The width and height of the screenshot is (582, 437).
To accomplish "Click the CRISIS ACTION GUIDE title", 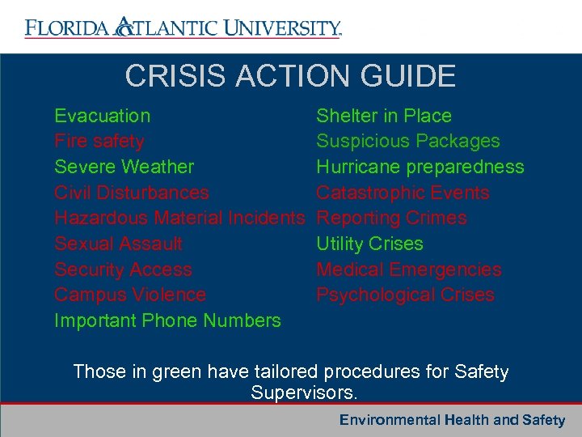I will (x=290, y=76).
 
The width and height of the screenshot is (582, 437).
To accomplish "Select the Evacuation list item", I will (x=102, y=116).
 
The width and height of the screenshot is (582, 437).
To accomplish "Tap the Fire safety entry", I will (x=99, y=142).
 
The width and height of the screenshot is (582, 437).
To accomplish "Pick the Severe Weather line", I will (x=124, y=168).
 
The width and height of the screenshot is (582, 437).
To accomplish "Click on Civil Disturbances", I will (x=131, y=193).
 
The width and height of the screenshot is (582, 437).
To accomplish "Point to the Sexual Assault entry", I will (x=118, y=244).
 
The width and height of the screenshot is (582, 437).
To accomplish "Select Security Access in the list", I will (x=123, y=269).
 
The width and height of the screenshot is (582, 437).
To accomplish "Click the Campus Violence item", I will (x=129, y=295).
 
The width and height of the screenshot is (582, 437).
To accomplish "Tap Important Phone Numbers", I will (x=167, y=321).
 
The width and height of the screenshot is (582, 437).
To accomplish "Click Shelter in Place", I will (x=383, y=116).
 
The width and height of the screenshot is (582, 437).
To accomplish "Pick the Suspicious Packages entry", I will (x=407, y=142).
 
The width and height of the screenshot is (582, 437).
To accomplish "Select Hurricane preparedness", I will (x=420, y=168).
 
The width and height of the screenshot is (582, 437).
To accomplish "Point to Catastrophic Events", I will (x=403, y=193).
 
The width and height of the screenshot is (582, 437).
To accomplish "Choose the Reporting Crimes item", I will (x=391, y=218).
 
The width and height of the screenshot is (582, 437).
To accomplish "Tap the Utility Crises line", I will (x=369, y=244).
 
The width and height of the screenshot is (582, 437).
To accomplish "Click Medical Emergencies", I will (x=408, y=269).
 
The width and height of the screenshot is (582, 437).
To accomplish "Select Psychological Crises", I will (x=405, y=295).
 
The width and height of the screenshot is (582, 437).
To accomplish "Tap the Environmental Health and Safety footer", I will (x=452, y=420).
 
